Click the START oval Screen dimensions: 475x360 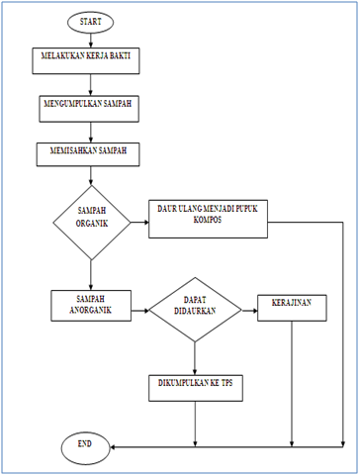(x=91, y=21)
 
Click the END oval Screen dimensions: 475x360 (x=86, y=446)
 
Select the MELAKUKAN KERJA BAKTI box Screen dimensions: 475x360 (x=91, y=62)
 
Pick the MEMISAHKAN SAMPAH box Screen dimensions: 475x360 (x=91, y=155)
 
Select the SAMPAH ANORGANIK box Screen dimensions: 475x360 (x=91, y=306)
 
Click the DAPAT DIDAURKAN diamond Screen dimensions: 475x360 (x=195, y=310)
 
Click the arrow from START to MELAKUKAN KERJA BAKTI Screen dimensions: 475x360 (x=91, y=40)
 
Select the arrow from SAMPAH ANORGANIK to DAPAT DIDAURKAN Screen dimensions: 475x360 (x=139, y=310)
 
